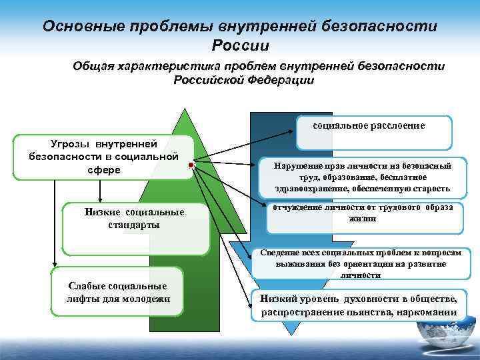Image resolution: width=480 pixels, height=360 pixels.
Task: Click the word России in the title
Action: pos(240,45)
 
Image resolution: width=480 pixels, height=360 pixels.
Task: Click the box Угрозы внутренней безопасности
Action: pos(103,157)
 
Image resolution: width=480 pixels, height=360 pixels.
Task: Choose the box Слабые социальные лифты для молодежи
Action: pos(117,292)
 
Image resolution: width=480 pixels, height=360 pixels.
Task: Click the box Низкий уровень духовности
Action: pos(359,305)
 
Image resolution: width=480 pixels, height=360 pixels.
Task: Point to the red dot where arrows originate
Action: pos(191,164)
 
